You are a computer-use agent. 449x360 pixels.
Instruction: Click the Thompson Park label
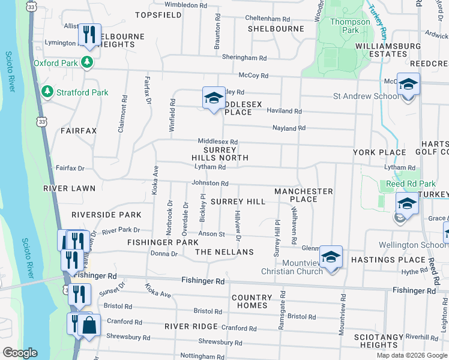(349, 26)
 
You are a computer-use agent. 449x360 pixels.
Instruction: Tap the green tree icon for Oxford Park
(88, 62)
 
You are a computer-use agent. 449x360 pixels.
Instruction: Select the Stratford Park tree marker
(48, 92)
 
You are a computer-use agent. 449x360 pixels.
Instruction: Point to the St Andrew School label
(366, 96)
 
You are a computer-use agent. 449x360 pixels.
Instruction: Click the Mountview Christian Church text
(292, 266)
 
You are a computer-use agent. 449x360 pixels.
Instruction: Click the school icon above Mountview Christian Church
(330, 257)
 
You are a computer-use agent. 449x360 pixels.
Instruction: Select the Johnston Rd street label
(210, 183)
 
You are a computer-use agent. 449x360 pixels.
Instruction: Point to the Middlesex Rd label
(218, 142)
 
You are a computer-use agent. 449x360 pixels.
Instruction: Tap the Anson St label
(212, 234)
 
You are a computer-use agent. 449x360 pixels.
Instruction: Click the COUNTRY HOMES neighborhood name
(252, 301)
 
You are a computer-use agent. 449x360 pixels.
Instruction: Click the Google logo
(20, 353)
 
